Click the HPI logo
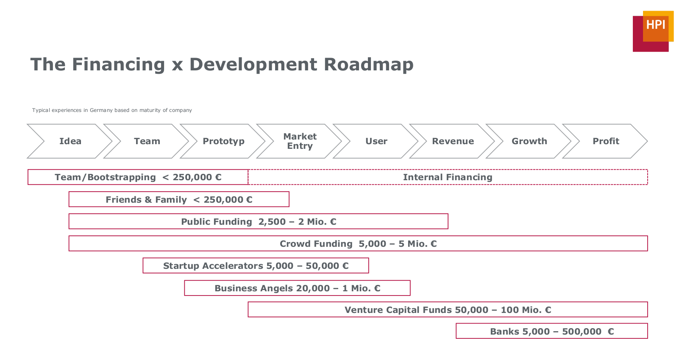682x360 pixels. point(653,31)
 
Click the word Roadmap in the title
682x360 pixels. point(368,64)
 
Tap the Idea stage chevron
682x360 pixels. point(70,141)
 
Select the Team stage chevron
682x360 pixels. point(146,141)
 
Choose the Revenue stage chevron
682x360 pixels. point(452,141)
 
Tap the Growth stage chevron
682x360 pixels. point(529,141)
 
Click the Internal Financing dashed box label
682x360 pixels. point(448,177)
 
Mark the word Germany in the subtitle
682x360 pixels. point(101,110)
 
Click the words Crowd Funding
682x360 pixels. point(316,244)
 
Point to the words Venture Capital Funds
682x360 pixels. point(398,310)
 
